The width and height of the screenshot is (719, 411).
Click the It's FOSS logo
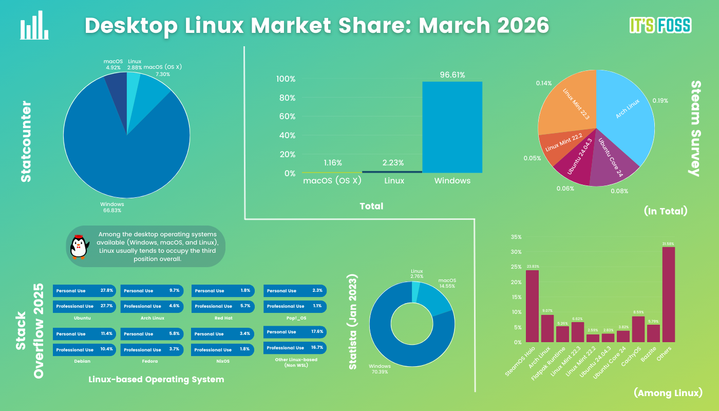(x=660, y=25)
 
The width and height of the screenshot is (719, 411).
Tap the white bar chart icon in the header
(x=34, y=26)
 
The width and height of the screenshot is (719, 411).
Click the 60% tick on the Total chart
(x=286, y=117)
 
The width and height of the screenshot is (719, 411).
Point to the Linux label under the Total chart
(x=394, y=181)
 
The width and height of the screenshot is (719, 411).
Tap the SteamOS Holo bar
(x=532, y=306)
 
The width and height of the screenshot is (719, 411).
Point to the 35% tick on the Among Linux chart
(x=516, y=237)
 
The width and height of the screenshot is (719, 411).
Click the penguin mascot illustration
(x=79, y=247)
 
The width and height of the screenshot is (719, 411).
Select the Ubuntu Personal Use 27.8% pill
(x=85, y=291)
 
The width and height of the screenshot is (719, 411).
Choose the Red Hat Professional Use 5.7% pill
(x=223, y=306)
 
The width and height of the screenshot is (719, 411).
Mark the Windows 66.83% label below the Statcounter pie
(x=112, y=207)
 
